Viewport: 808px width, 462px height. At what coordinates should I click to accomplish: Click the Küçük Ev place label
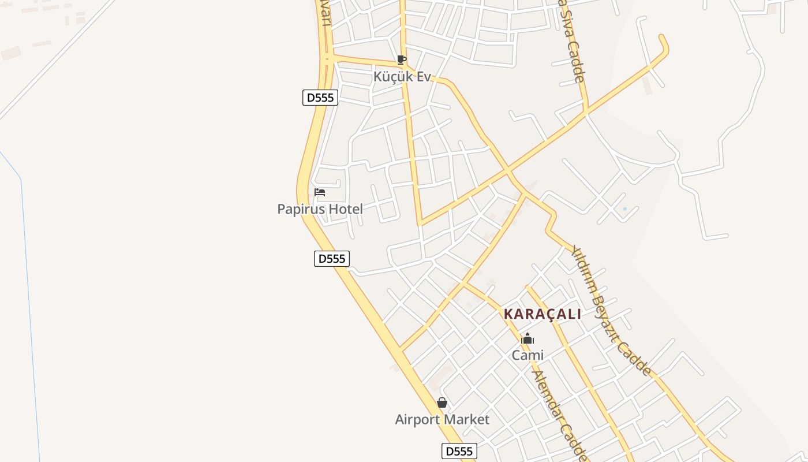[402, 76]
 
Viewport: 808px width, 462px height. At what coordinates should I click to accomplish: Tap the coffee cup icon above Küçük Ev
[402, 59]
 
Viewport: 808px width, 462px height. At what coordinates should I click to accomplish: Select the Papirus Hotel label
[320, 209]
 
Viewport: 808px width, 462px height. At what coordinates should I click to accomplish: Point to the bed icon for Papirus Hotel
[320, 192]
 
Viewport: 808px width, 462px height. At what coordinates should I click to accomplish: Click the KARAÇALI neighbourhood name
[543, 314]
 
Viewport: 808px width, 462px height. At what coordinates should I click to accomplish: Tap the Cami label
[528, 355]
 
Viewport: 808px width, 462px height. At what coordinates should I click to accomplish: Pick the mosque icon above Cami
[528, 339]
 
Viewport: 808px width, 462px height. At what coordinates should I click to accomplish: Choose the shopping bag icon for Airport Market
[442, 403]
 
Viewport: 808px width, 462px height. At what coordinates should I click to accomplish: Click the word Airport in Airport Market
[418, 420]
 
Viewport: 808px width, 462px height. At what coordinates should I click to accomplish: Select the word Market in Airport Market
[467, 420]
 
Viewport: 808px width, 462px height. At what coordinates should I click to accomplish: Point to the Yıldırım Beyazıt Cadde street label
[611, 311]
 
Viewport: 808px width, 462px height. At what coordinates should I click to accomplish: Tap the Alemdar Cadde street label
[559, 415]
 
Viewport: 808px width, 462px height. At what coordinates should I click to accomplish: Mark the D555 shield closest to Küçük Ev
[320, 98]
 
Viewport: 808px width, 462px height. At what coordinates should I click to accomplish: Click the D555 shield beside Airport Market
[459, 451]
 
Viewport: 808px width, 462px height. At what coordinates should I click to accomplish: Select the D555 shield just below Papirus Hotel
[332, 259]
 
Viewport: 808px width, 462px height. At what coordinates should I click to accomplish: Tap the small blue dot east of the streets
[624, 209]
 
